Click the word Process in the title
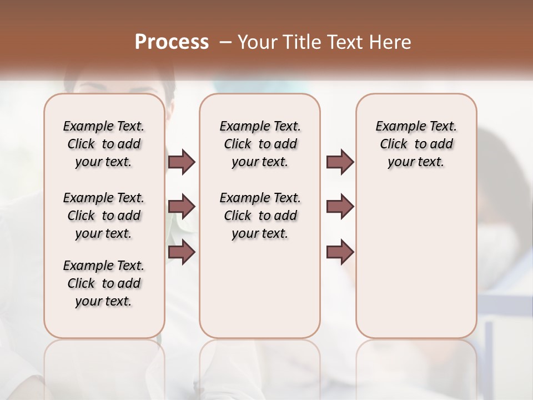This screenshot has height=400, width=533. coord(172,42)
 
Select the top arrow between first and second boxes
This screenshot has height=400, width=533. coord(182,162)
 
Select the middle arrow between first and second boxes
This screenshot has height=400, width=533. coord(182,207)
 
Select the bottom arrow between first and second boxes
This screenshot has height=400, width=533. coord(182,252)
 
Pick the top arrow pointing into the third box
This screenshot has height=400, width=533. coord(340,162)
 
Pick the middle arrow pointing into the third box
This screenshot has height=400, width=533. coord(340,207)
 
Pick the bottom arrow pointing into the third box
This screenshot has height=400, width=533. coord(340,252)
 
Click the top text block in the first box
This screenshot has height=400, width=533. coord(104,144)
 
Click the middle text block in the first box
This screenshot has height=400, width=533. coord(104,216)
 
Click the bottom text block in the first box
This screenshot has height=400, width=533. coord(104,283)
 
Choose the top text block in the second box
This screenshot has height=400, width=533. coord(260,144)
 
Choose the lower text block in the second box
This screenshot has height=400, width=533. coord(260,216)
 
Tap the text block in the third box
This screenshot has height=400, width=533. coord(416,144)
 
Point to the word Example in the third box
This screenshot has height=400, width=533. coord(396,127)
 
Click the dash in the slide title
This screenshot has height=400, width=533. coord(225,42)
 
